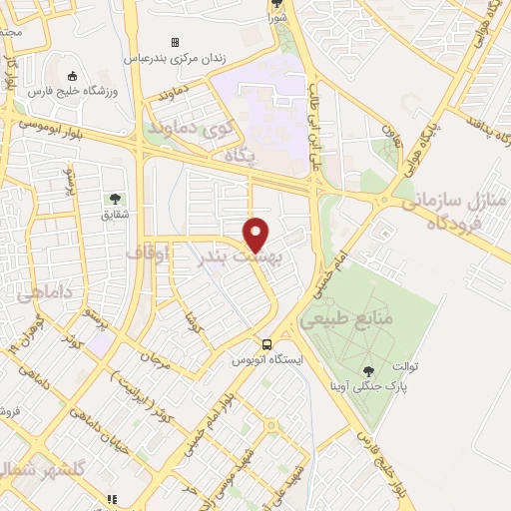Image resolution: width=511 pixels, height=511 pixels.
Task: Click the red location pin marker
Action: coord(257,234)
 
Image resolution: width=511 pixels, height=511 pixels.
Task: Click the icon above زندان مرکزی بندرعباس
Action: coord(175,43)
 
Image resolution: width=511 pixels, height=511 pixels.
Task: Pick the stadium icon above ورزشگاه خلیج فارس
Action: coord(71,76)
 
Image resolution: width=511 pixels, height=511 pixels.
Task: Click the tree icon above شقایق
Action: coord(116,199)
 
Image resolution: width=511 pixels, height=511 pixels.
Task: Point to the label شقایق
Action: coord(116,214)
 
